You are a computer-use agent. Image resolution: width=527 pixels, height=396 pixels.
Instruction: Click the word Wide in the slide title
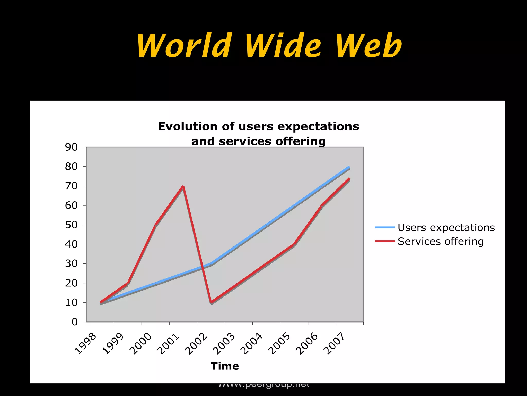283,46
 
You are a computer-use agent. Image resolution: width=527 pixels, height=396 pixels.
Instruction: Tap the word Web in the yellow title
368,46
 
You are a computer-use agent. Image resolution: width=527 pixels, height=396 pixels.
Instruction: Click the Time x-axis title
225,366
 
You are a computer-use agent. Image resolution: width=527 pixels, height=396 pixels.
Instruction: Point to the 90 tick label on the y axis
71,147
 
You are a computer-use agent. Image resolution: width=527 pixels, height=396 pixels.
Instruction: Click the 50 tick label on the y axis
71,225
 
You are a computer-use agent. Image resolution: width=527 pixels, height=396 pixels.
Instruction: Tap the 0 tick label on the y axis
75,322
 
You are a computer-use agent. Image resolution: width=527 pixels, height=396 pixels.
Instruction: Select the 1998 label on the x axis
86,344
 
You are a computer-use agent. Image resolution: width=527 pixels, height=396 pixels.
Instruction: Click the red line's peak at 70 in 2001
183,186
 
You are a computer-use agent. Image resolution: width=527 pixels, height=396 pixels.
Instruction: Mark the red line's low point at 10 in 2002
211,302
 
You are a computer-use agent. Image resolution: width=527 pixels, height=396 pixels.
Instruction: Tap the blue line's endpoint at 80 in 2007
349,167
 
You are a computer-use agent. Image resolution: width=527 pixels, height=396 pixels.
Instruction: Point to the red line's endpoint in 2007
349,179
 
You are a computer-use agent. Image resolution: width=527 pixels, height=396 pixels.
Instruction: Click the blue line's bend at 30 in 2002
211,264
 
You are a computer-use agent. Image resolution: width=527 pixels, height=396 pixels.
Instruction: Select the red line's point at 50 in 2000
155,225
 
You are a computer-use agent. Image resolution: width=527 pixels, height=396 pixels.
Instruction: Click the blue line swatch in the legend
385,227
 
